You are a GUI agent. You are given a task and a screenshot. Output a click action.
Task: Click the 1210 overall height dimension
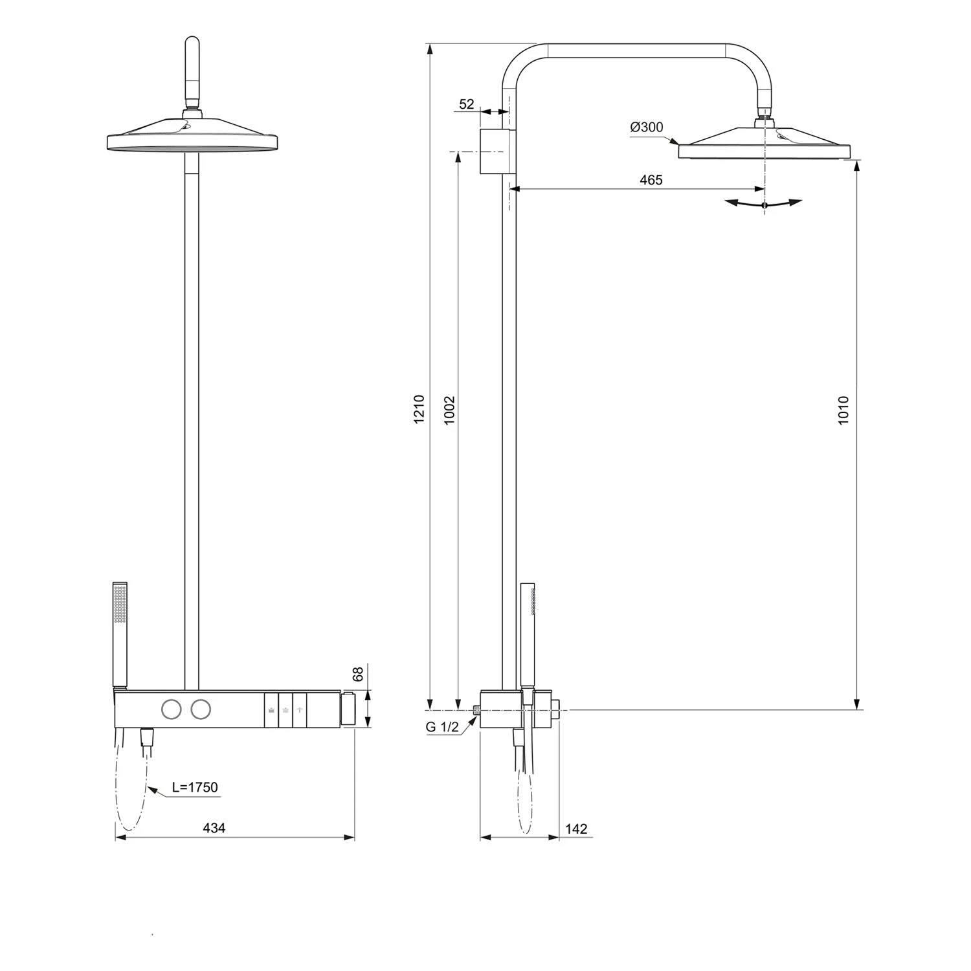point(419,409)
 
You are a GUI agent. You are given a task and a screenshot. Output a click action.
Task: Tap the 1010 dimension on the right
point(843,410)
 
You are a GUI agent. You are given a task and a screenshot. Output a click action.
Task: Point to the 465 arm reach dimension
point(651,180)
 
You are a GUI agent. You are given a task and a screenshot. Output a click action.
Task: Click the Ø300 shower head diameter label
point(647,127)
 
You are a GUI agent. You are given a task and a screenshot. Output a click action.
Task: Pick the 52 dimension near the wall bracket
point(467,104)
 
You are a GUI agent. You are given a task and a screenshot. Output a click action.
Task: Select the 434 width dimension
point(214,827)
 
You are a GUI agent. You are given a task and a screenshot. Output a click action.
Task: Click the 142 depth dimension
point(576,829)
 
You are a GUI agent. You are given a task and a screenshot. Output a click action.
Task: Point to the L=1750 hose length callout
point(195,788)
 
